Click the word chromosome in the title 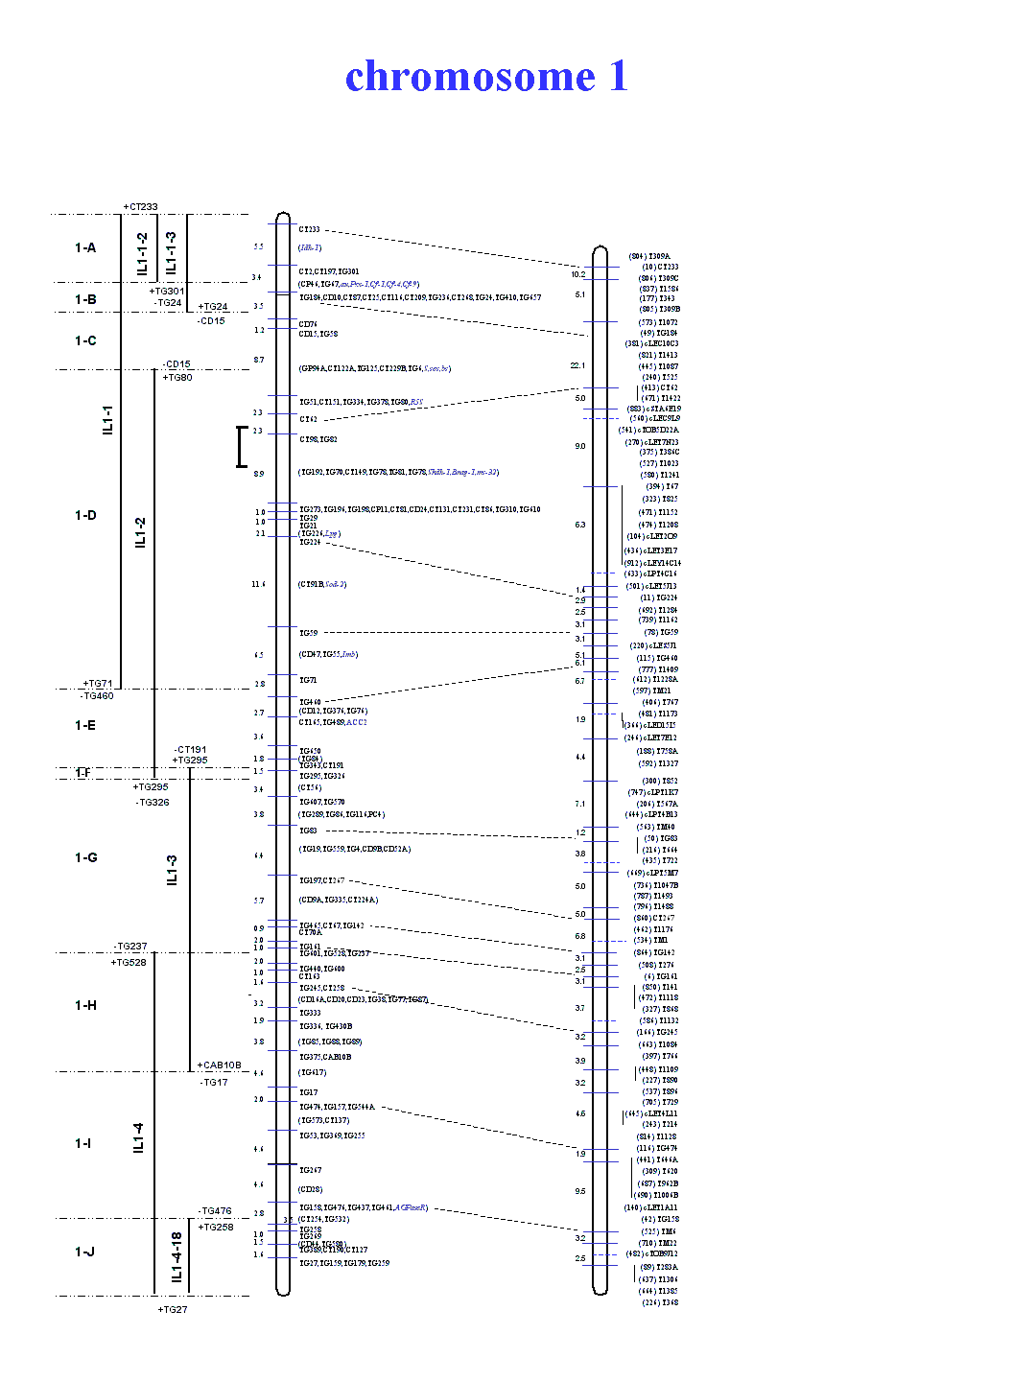[470, 77]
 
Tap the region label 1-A [85, 248]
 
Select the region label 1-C [85, 341]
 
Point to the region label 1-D [85, 516]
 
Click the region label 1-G [85, 858]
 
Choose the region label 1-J [84, 1252]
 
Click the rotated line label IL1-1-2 [142, 253]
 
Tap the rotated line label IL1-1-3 [172, 251]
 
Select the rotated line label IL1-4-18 [177, 1256]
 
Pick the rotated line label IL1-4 [139, 1138]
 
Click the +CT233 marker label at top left [140, 207]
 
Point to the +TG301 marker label [166, 292]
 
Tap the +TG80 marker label [177, 378]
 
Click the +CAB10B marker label [219, 1065]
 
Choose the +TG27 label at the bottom [173, 1310]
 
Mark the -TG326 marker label [153, 803]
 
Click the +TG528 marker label [129, 963]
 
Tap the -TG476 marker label [215, 1211]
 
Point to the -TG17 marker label [214, 1083]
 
